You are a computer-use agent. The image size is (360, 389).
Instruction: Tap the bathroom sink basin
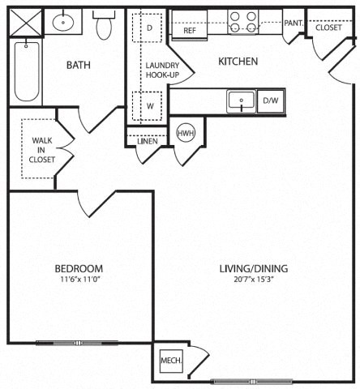61,24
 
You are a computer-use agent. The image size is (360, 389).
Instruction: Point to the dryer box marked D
149,27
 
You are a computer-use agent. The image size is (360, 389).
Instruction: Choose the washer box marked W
149,105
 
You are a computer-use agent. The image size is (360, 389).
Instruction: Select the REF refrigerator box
190,30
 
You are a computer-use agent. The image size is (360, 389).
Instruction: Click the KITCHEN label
238,61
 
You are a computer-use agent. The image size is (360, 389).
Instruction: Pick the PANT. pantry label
293,24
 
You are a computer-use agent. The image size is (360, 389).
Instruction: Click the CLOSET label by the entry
328,27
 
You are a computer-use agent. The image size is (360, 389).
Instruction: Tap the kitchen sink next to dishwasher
241,101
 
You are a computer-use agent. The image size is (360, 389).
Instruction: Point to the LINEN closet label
147,141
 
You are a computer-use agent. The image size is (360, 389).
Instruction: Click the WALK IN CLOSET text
42,150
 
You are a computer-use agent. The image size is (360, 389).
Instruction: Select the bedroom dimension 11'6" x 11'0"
79,280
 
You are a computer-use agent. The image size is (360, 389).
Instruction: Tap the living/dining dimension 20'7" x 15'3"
254,280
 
